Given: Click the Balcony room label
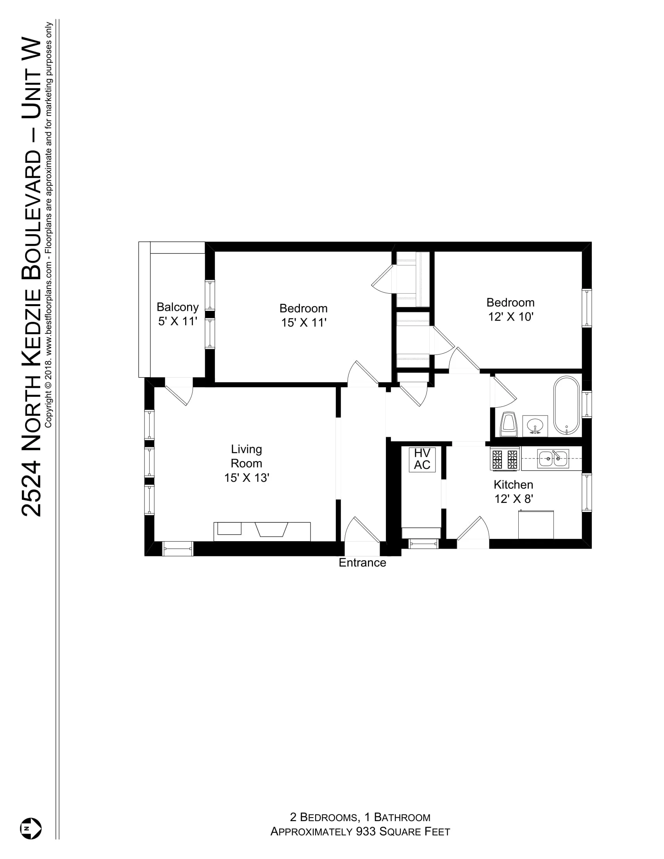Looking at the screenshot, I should [177, 307].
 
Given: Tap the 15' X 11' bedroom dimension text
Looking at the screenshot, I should [303, 323].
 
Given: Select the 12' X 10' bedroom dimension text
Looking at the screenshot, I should [510, 317].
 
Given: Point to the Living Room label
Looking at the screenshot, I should [246, 456].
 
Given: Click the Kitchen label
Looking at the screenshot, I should [513, 485].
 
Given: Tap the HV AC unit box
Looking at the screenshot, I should [422, 459].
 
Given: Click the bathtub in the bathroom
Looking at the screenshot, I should [566, 406].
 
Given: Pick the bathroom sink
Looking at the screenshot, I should [535, 426].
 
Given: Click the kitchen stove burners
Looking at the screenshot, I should [505, 459].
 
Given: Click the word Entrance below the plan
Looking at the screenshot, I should [362, 563].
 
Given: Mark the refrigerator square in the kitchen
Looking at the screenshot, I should [536, 525].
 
